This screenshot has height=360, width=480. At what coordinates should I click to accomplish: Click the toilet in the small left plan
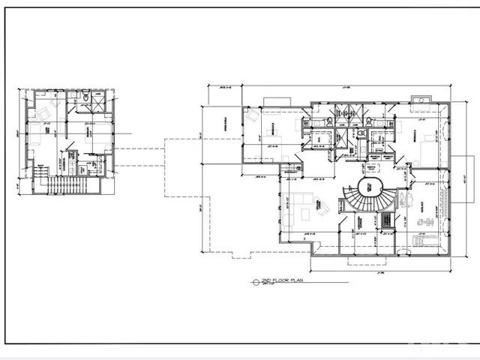[87, 97]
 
